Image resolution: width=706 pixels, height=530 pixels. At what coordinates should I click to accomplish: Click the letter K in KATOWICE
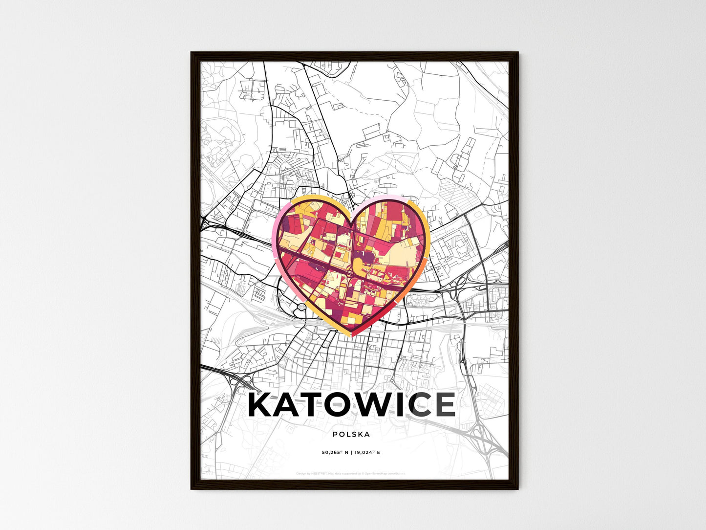261,405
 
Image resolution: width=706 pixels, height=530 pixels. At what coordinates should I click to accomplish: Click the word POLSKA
351,434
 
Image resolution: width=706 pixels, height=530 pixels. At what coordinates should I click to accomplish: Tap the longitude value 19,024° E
368,453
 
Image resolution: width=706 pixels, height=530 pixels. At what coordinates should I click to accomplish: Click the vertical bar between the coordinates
352,453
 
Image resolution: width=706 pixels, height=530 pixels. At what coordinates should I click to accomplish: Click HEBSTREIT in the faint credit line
319,474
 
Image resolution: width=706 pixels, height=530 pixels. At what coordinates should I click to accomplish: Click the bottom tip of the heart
351,336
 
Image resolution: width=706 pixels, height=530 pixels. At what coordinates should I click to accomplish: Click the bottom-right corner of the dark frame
517,488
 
